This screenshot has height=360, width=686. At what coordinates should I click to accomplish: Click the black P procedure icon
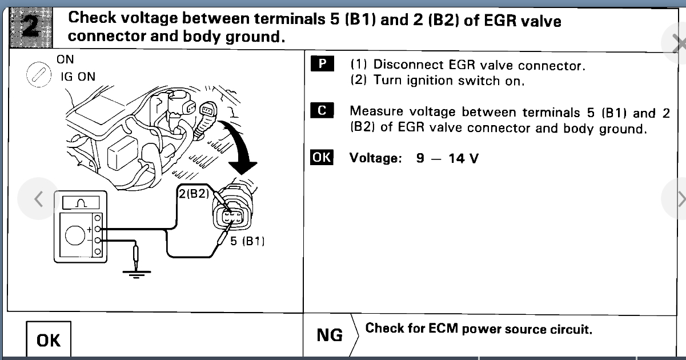point(322,64)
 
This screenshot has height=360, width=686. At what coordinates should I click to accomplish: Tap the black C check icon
point(322,111)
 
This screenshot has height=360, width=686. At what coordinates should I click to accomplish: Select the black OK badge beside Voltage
point(322,157)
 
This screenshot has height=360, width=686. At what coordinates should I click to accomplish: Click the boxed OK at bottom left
point(48,341)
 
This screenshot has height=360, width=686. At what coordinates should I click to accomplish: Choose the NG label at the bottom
point(330,335)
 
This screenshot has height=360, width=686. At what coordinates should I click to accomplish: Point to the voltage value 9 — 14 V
point(447,158)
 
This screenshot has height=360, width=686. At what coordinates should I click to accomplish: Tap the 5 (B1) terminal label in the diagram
point(247,241)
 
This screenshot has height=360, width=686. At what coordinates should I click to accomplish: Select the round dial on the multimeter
point(75,234)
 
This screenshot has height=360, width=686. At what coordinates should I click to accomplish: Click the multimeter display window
point(81,202)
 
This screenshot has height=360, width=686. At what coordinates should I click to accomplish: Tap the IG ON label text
point(78,77)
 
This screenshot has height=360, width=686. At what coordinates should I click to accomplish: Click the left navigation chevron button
point(38,199)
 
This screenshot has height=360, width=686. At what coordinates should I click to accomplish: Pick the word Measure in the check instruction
point(376,111)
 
